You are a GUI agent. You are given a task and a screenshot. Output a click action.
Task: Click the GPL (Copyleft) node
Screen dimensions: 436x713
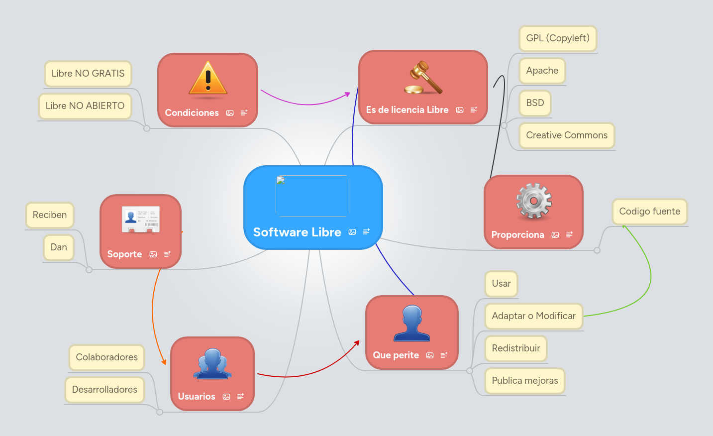click(557, 38)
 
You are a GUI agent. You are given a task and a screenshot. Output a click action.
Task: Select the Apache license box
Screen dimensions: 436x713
click(542, 71)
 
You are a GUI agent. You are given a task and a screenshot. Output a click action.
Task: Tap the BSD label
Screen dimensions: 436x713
click(535, 103)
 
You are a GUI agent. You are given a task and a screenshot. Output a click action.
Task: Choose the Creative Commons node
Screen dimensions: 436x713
click(566, 135)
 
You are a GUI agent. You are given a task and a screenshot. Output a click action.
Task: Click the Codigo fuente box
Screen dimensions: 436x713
click(649, 212)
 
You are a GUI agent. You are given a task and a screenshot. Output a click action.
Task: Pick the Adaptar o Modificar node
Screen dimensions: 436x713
click(533, 316)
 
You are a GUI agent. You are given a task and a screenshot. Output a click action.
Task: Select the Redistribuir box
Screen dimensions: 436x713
click(515, 348)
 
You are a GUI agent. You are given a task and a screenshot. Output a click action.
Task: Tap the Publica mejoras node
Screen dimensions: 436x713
click(524, 381)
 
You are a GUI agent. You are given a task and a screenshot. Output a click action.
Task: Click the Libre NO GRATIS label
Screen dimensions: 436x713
click(88, 74)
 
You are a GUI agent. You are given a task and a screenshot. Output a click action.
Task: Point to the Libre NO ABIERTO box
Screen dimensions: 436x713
click(85, 106)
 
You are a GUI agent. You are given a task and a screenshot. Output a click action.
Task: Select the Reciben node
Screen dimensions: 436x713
click(50, 215)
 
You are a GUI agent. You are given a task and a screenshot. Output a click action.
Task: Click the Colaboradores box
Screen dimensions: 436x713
click(106, 357)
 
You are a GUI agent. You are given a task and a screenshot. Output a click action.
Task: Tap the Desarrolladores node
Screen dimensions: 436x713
click(104, 390)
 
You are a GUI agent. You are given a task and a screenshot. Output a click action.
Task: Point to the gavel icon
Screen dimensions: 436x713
click(423, 78)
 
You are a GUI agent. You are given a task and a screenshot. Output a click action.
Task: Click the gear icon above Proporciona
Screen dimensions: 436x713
click(533, 201)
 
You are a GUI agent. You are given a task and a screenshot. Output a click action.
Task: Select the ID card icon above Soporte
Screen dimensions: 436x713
click(141, 219)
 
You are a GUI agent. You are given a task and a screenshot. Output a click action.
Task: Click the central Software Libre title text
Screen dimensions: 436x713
click(297, 232)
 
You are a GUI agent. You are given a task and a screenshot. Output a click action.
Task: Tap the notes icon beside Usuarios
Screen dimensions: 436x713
click(240, 397)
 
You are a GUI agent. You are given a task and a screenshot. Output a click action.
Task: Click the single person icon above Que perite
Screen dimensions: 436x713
click(411, 323)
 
